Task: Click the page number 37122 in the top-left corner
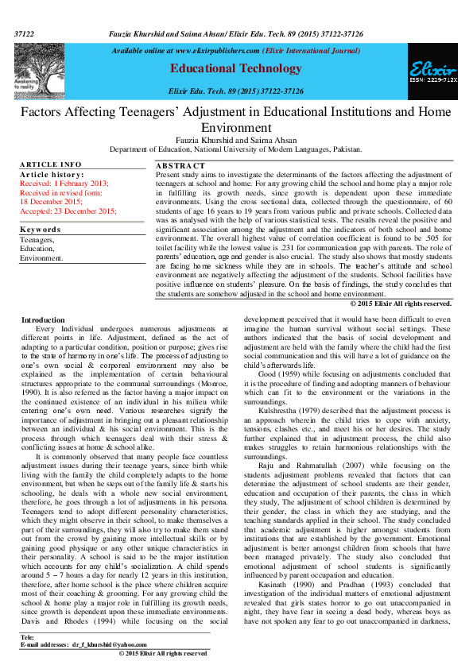coord(24,35)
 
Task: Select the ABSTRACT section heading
coord(178,165)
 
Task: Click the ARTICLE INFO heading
coord(48,164)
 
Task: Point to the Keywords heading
coord(41,230)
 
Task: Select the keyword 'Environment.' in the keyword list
coord(41,258)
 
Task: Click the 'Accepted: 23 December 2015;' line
coord(68,211)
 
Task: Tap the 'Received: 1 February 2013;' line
coord(64,183)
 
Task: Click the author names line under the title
coord(236,139)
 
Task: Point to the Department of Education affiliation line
coord(236,149)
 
